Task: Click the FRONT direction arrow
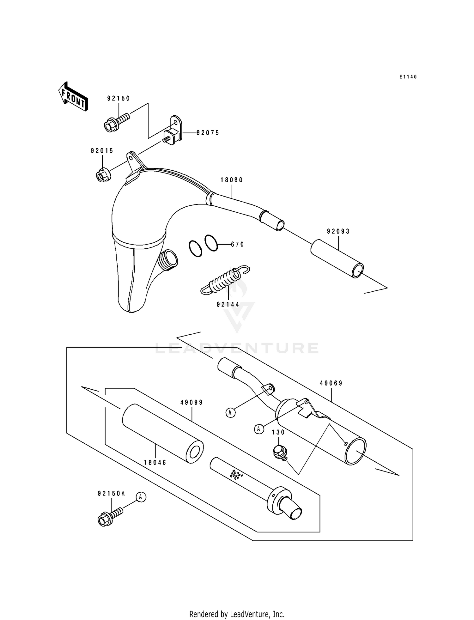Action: tap(73, 96)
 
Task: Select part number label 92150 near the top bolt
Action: tap(118, 98)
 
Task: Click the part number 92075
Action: tap(208, 133)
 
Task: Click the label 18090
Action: tap(232, 180)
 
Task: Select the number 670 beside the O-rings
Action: tap(237, 244)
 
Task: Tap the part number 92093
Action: tap(338, 231)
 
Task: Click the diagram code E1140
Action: tap(408, 77)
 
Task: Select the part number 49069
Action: tap(331, 383)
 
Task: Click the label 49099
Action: tap(191, 403)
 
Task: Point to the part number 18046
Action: tap(155, 463)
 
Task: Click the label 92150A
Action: tap(111, 493)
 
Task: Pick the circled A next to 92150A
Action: tap(141, 497)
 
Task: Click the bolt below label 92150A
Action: tap(109, 517)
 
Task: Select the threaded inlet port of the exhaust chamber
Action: tap(167, 259)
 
